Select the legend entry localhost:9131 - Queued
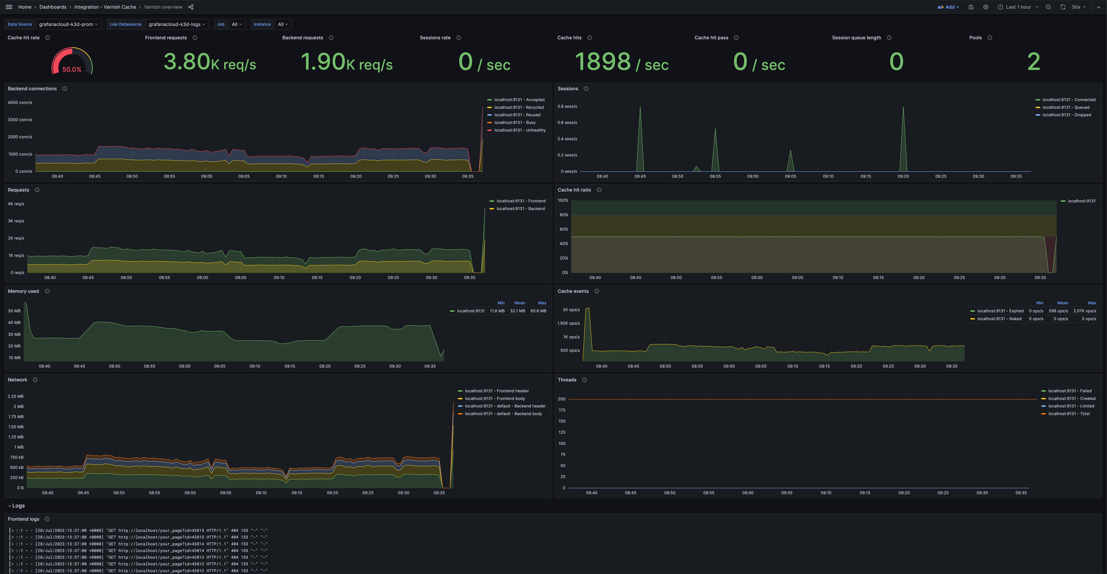(x=1066, y=107)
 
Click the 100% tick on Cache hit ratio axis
(x=562, y=200)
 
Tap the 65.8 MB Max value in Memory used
(x=538, y=311)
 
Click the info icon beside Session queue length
(x=889, y=38)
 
